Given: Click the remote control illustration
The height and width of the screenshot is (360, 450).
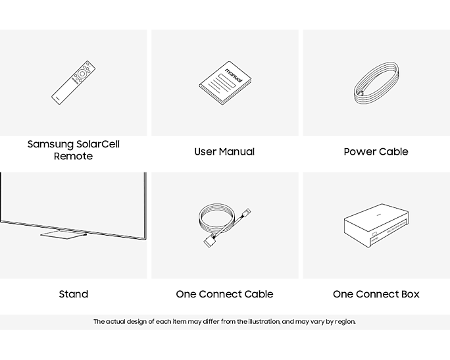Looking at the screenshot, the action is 74,82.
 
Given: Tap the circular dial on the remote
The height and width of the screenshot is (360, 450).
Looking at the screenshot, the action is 82,74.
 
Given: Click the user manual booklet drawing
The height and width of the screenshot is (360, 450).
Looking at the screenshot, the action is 225,83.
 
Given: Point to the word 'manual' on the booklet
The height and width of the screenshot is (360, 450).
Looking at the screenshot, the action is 234,75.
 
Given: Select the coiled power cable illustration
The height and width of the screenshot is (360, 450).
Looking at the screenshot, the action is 376,83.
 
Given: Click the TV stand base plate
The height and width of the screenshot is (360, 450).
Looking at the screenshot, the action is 63,234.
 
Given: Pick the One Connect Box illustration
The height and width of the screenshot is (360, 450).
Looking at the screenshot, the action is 376,225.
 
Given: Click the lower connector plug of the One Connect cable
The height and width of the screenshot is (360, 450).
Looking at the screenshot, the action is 209,241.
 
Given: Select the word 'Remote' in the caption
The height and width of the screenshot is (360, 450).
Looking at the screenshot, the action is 74,156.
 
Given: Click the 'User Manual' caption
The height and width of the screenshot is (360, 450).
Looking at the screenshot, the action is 224,151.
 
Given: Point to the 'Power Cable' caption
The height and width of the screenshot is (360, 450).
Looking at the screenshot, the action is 376,151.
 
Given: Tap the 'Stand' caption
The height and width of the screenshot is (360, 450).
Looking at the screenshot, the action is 74,294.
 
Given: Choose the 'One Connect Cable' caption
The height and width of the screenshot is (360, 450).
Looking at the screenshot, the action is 224,294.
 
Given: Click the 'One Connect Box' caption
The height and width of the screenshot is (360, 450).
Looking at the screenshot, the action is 376,294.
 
